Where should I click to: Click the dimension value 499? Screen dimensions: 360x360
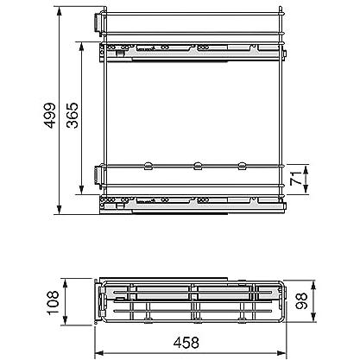click(50, 115)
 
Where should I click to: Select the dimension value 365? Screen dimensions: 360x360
click(72, 115)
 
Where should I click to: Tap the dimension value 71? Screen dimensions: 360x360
click(295, 178)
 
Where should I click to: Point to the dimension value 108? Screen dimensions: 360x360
click(53, 303)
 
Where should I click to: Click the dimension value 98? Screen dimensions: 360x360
click(301, 300)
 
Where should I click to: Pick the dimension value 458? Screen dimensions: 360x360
click(186, 343)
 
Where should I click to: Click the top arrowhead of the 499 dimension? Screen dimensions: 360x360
click(60, 11)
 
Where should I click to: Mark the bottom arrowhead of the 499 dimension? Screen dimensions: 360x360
click(60, 210)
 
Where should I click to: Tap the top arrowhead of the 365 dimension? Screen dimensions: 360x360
click(81, 47)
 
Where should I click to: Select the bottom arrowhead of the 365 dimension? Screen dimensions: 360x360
click(81, 189)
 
